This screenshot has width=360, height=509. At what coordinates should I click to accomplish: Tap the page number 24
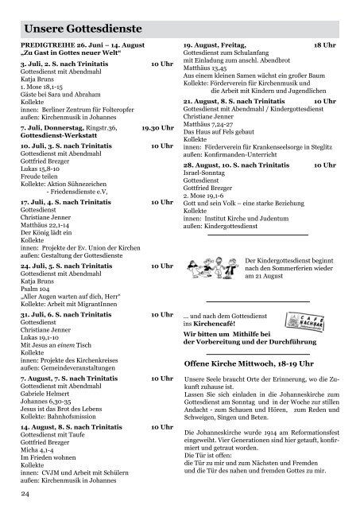(25, 495)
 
